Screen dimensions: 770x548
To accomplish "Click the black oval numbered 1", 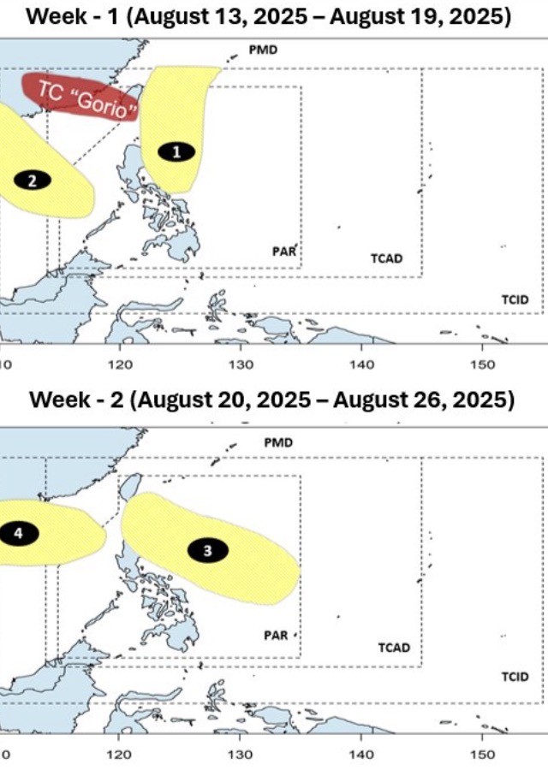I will [x=177, y=151].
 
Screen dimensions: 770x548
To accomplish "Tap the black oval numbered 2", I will [x=33, y=180].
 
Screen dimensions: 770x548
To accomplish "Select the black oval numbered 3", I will [x=206, y=552].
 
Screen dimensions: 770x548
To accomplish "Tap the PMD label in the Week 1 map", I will [x=263, y=50].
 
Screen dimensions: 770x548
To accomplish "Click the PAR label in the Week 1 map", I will [x=284, y=252].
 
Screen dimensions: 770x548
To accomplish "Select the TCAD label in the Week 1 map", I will [x=386, y=258].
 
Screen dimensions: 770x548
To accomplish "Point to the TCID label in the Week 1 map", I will [x=515, y=299].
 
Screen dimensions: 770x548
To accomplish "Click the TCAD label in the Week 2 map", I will [x=394, y=648].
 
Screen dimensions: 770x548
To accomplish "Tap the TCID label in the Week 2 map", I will [x=515, y=677].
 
